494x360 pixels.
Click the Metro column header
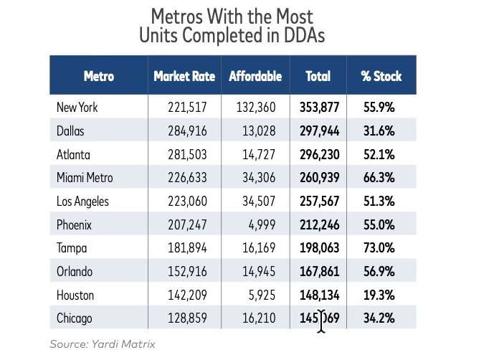pos(98,76)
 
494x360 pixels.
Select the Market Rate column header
pos(185,76)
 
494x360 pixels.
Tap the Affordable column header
pos(255,76)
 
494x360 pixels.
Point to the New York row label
pos(77,108)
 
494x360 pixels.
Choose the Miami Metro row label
pos(85,177)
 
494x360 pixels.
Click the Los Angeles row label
pos(82,201)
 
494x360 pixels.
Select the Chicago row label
pos(75,318)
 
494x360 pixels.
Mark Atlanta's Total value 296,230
pos(318,154)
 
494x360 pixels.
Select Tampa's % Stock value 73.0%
pos(379,247)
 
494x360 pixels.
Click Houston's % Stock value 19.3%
pos(379,294)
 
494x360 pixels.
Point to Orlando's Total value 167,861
pos(318,271)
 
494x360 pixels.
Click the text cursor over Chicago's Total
pos(322,320)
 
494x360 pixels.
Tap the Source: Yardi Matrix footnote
pos(102,344)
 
